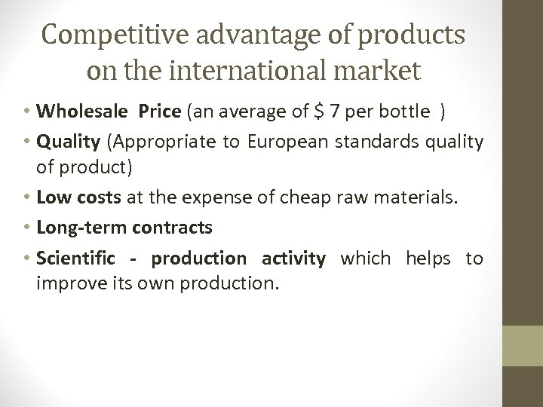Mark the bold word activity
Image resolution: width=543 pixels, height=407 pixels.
click(x=293, y=259)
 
